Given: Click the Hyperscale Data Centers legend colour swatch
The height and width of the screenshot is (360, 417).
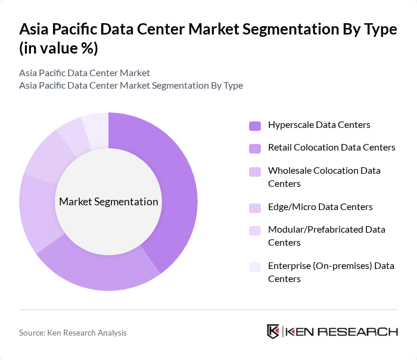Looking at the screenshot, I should click(x=255, y=126).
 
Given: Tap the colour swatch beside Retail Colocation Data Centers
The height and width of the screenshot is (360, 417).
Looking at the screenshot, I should click(x=255, y=148).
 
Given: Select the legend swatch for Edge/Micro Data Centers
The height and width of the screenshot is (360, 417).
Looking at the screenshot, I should click(x=255, y=208).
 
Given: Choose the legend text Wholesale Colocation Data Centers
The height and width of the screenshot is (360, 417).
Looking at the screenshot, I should click(x=324, y=177).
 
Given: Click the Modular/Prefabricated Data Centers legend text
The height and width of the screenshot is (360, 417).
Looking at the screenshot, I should click(x=326, y=236).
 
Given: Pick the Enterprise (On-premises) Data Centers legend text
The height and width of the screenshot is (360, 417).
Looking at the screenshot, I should click(x=331, y=272).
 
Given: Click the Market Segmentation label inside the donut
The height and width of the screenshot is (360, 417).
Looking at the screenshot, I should click(x=108, y=202).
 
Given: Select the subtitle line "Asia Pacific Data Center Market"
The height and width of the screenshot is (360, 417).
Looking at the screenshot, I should click(x=84, y=73).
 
